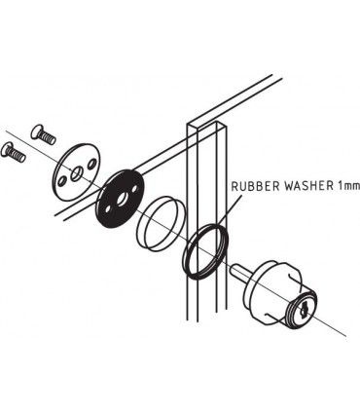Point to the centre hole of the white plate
point(74,171)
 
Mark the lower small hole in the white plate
point(62,182)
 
